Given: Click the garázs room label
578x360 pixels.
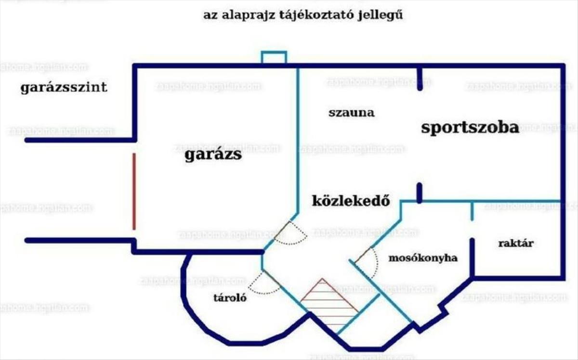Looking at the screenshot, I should point(213,156).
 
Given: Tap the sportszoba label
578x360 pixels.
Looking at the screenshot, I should point(470,128).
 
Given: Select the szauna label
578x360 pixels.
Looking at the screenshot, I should point(352,114).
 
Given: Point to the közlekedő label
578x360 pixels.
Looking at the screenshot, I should point(351,200).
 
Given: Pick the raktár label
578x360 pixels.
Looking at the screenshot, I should point(515,244).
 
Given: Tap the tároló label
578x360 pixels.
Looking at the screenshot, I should point(230,298).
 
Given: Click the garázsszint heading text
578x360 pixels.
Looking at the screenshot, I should point(64,89).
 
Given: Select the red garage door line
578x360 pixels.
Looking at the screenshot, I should point(134,191).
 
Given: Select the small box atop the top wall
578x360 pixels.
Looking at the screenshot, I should point(274,57).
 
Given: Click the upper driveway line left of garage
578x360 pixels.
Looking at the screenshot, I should point(79,140).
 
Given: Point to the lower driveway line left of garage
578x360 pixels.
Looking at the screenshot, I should point(79,240).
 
